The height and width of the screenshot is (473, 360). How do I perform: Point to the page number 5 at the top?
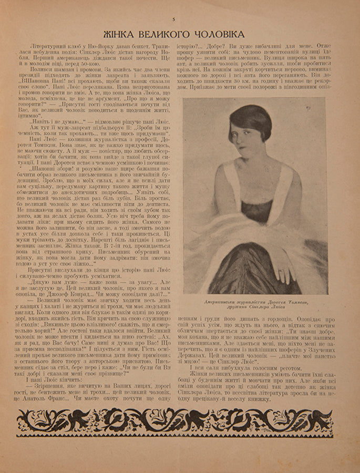pos(173,19)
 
